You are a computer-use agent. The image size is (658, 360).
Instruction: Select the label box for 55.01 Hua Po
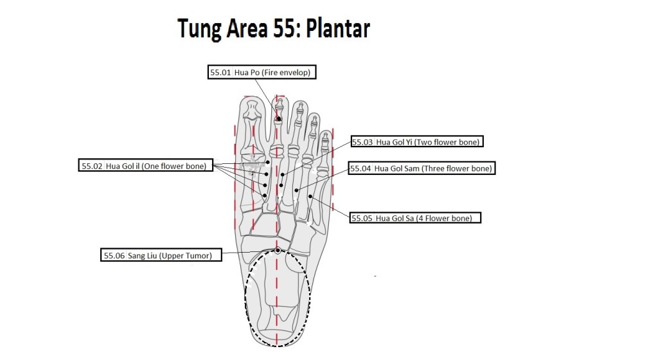[x=262, y=73]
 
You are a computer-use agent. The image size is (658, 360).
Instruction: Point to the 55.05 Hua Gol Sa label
[x=416, y=219]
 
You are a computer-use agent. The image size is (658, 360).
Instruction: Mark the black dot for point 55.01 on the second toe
[x=279, y=119]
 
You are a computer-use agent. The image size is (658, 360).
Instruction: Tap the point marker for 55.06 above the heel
[x=278, y=250]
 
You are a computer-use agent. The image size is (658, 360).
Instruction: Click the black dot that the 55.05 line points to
[x=310, y=195]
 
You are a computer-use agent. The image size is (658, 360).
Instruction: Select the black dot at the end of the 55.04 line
[x=296, y=190]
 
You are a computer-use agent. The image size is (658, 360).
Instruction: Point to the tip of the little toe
[x=326, y=134]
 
